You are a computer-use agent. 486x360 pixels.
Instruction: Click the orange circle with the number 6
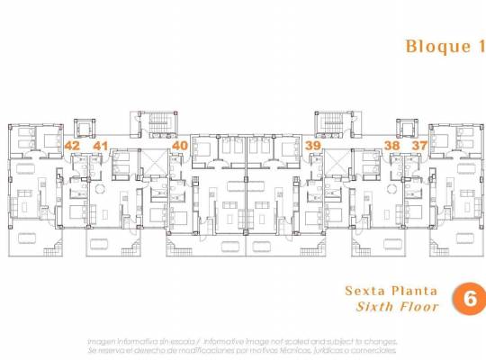[468, 299]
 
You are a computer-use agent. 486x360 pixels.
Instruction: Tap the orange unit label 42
[73, 145]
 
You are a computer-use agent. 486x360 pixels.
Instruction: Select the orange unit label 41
[100, 145]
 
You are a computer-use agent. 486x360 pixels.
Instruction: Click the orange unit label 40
[180, 145]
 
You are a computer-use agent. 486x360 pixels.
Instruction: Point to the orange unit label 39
[313, 145]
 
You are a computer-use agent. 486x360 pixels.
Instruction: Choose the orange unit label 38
[391, 145]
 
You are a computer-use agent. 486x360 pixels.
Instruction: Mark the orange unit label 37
[419, 145]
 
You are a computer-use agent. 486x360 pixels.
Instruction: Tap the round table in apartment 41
[101, 188]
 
